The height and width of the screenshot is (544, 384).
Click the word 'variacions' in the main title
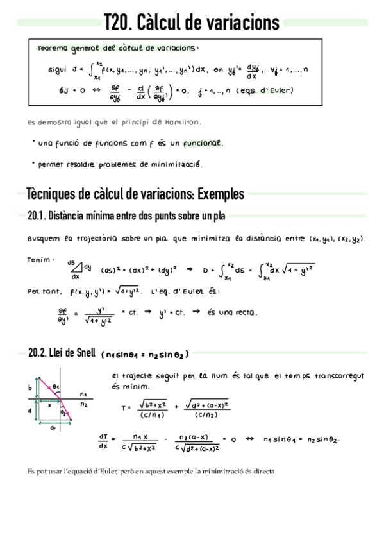point(242,23)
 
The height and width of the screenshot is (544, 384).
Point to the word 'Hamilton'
point(184,121)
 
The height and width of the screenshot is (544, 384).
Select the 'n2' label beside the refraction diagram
point(85,405)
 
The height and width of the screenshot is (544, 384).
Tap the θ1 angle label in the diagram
point(57,387)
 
